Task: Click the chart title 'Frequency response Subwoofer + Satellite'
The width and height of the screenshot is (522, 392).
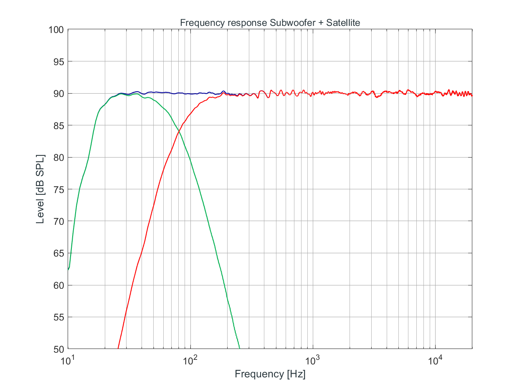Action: (x=270, y=23)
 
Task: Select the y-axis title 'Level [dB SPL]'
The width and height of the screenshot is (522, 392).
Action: (x=41, y=189)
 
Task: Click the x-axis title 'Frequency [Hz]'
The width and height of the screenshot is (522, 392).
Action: (x=270, y=374)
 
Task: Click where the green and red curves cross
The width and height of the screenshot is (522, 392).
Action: (x=179, y=131)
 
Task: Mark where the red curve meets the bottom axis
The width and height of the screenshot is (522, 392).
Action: (x=118, y=349)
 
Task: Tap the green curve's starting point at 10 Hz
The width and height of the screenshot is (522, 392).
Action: (x=68, y=270)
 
